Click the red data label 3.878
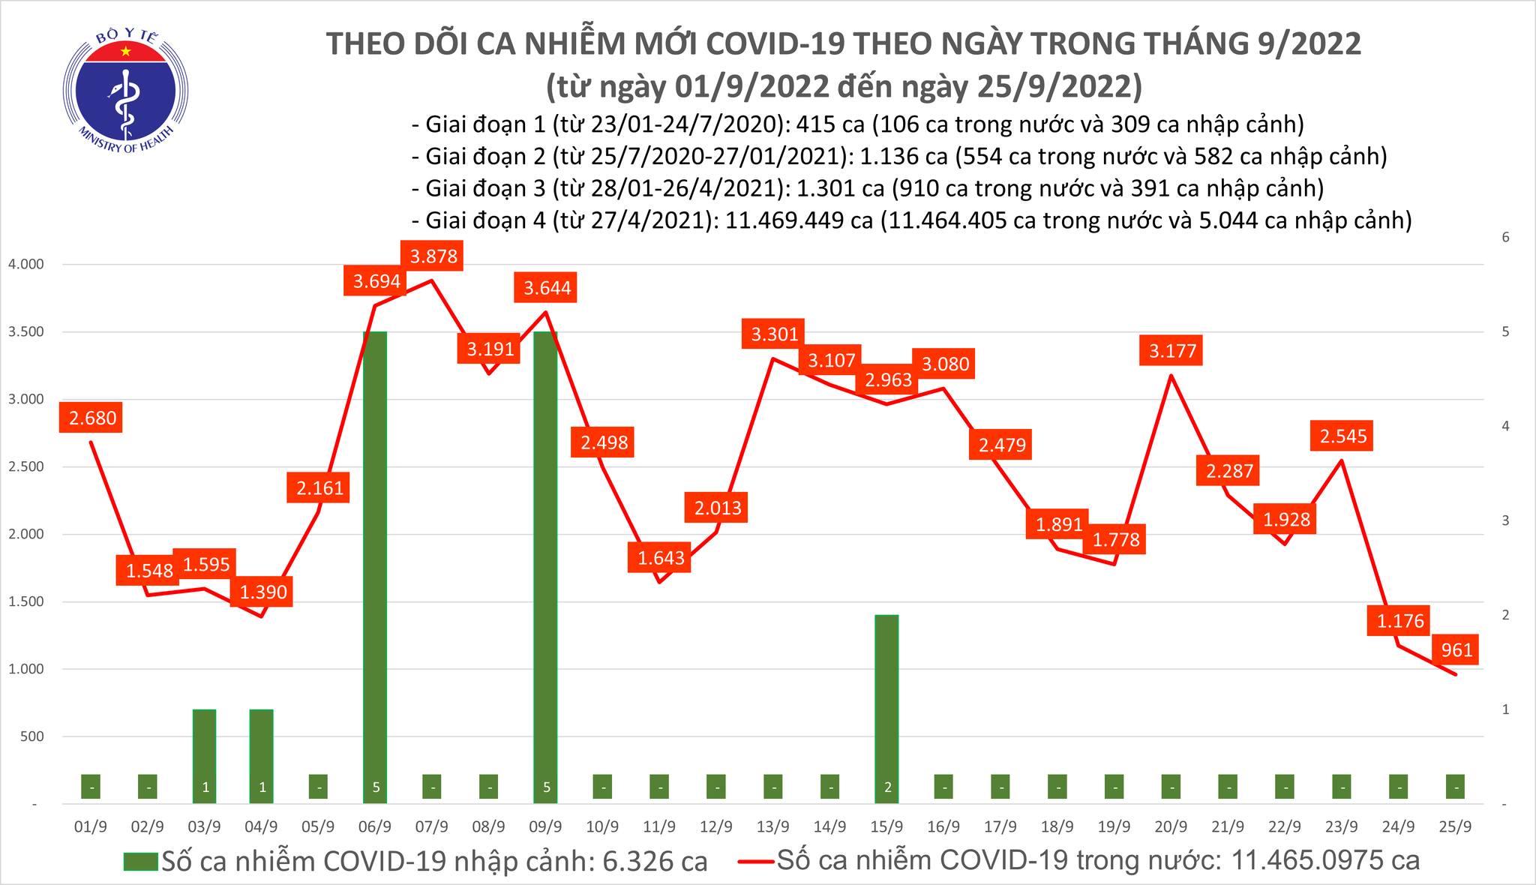tap(433, 256)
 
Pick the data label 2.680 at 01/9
tap(93, 418)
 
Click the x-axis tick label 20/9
tap(1171, 826)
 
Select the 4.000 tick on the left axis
tap(25, 265)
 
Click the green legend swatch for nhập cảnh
tap(141, 862)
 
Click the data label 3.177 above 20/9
tap(1173, 350)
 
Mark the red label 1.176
tap(1399, 620)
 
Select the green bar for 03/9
tap(204, 754)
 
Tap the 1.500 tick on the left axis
tap(25, 602)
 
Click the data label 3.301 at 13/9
tap(774, 333)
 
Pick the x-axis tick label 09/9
tap(545, 826)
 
